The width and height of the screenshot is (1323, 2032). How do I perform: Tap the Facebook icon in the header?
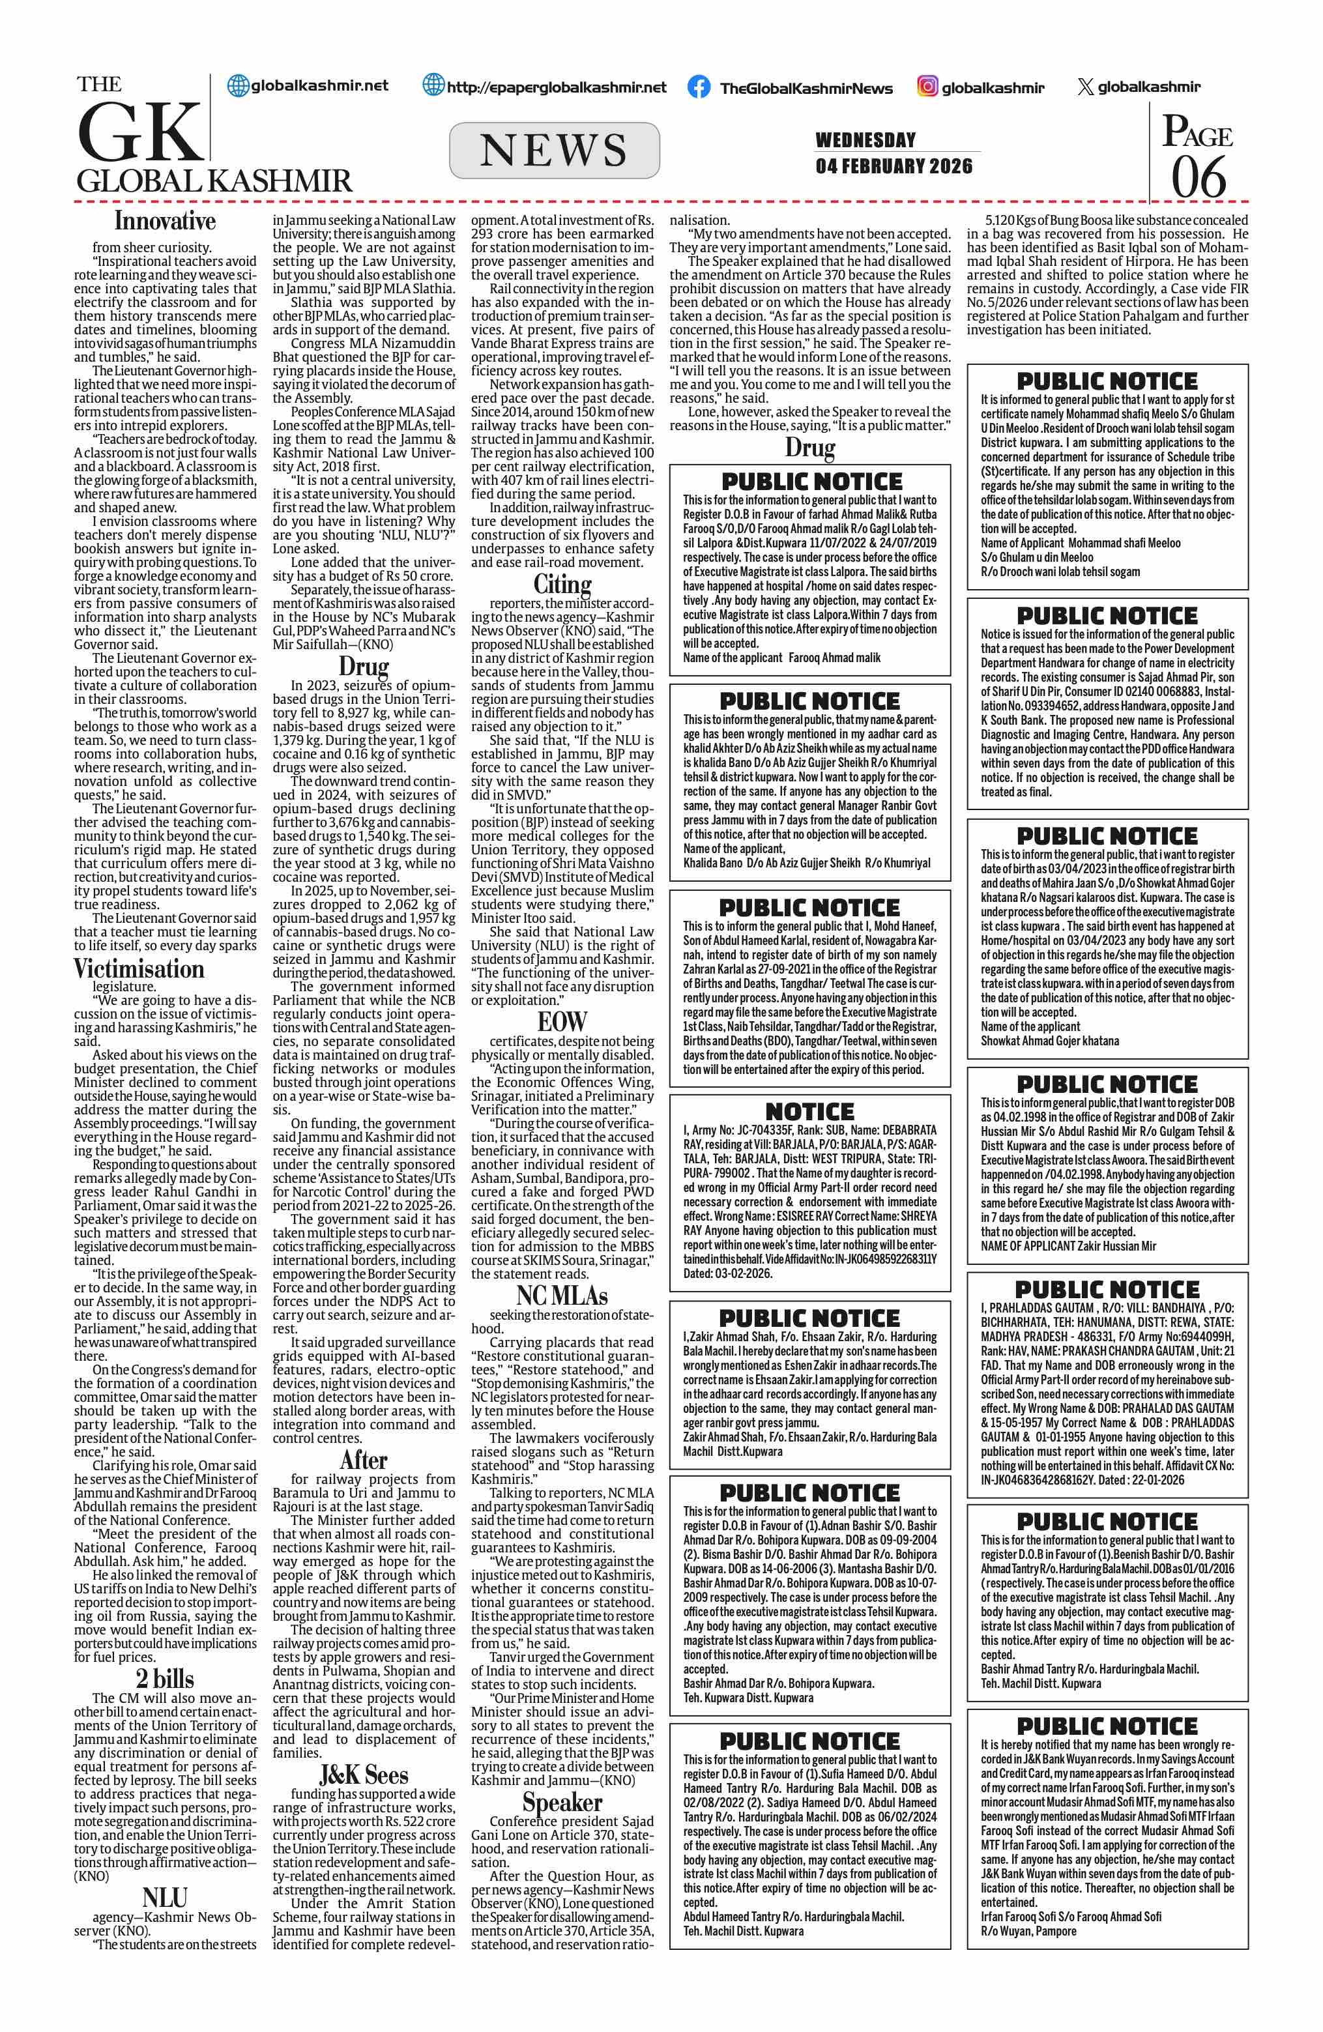tap(698, 87)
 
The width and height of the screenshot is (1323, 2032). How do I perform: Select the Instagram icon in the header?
tap(927, 86)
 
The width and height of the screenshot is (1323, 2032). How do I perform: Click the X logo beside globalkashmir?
tap(1085, 86)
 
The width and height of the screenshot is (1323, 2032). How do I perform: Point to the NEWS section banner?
tap(554, 151)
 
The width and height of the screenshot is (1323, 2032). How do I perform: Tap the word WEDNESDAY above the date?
tap(865, 140)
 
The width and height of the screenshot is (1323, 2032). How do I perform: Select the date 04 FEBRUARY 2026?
tap(894, 166)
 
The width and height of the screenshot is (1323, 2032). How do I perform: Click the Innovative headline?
tap(165, 221)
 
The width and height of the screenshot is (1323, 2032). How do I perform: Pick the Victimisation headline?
tap(138, 969)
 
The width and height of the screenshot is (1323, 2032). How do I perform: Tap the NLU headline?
tap(165, 1897)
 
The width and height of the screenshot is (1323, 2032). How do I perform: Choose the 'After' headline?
tap(364, 1459)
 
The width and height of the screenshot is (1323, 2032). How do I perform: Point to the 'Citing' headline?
tap(562, 584)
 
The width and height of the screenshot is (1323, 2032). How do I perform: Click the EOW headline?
tap(562, 1021)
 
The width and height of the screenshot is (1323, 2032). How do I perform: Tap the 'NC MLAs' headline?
tap(562, 1295)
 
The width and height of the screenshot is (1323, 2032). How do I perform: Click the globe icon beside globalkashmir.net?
tap(238, 85)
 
